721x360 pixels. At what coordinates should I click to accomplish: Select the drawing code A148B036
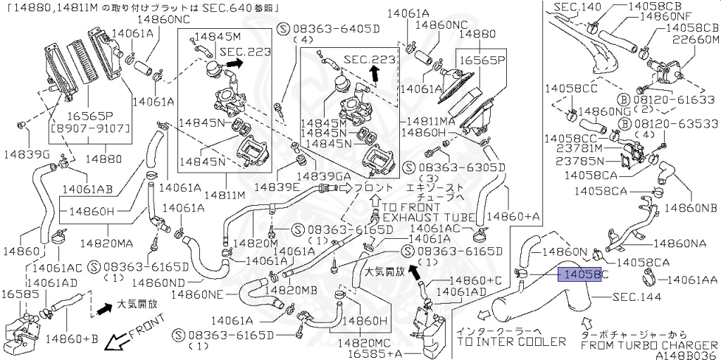pos(686,355)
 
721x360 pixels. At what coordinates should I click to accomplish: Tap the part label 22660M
pos(694,40)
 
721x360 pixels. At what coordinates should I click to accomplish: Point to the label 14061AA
pos(693,280)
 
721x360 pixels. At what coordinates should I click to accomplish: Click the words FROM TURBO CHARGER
pos(646,345)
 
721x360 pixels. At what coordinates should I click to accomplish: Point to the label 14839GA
pos(324,175)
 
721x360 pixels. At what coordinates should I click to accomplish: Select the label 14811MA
pos(432,121)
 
